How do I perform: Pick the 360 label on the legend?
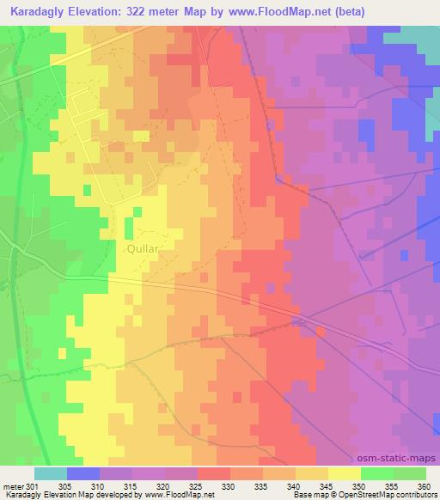[424, 485]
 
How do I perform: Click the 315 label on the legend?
[131, 485]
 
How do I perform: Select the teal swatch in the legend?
[51, 473]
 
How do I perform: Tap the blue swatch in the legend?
[83, 473]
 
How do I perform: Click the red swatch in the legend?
[214, 473]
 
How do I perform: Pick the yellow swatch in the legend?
[345, 473]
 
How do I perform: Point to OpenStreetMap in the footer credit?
[362, 495]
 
